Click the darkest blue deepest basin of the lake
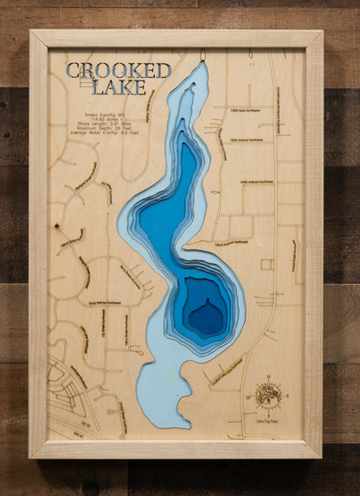click(x=206, y=317)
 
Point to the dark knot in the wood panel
click(x=56, y=226)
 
